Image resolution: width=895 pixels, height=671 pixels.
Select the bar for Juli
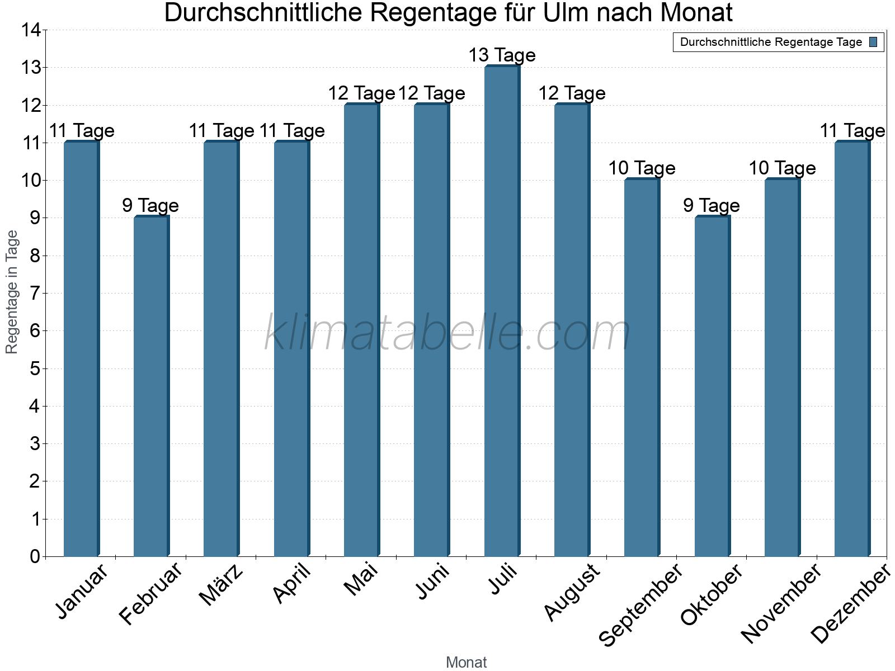(502, 313)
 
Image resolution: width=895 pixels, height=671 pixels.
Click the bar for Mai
(361, 330)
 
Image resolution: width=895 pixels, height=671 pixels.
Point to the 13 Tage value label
(502, 55)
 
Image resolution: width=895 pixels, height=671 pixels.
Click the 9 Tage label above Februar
(150, 206)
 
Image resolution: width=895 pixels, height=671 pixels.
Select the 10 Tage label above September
(642, 168)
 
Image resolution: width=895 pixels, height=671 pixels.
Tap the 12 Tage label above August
(572, 93)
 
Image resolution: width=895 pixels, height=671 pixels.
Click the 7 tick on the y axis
(35, 293)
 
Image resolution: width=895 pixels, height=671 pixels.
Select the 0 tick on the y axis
(35, 556)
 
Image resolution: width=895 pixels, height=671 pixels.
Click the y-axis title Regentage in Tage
(12, 292)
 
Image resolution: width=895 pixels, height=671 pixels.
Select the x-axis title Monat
(466, 663)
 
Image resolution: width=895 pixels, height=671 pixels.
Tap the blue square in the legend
(873, 42)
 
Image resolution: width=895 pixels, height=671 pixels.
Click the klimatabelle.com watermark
(447, 334)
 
